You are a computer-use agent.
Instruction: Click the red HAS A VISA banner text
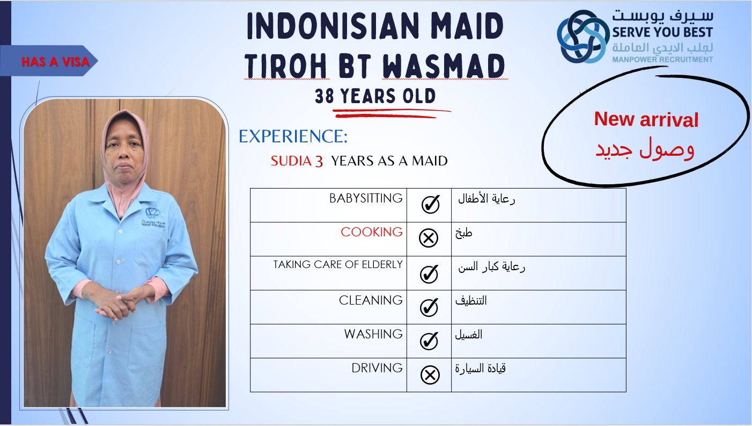click(x=55, y=62)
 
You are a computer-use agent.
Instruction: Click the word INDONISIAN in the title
click(x=333, y=26)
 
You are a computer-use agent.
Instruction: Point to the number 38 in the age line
click(x=325, y=96)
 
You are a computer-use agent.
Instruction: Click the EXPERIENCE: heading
click(x=293, y=136)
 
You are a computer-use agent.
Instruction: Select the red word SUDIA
click(x=291, y=161)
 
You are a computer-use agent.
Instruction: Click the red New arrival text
click(x=646, y=119)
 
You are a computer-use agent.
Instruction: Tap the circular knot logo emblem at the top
click(x=583, y=37)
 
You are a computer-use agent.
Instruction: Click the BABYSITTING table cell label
click(x=366, y=198)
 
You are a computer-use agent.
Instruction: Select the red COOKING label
click(x=371, y=232)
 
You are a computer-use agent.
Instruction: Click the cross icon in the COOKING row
click(x=429, y=239)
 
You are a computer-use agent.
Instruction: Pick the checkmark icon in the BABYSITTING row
click(x=430, y=204)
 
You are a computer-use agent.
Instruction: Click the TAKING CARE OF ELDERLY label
click(x=338, y=265)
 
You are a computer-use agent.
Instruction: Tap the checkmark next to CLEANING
click(x=429, y=307)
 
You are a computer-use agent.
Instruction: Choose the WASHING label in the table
click(x=373, y=334)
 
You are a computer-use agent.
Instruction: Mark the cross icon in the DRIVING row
click(x=430, y=374)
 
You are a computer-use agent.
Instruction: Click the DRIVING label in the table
click(x=377, y=368)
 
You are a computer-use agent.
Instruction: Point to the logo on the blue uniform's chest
click(x=153, y=218)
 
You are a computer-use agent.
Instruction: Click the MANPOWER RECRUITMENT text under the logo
click(x=662, y=60)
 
